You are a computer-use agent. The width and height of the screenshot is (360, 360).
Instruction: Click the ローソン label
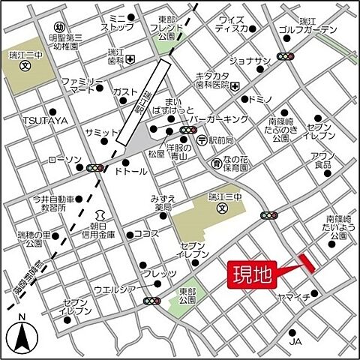[x=64, y=160]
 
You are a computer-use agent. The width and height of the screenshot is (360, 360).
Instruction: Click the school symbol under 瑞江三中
[x=221, y=208]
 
